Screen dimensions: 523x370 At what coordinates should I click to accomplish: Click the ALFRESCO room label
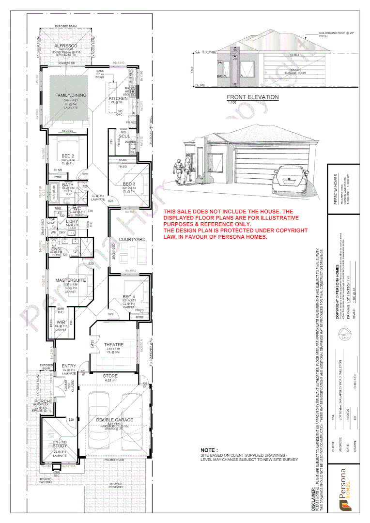pos(65,45)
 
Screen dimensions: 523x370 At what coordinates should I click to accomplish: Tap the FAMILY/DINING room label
pos(71,95)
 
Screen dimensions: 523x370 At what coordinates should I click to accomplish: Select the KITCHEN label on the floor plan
pos(118,98)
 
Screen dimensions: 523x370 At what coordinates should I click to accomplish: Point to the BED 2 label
pos(68,156)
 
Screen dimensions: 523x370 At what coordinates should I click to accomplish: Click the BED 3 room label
pos(129,184)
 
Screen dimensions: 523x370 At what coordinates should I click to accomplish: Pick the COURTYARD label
pos(132,240)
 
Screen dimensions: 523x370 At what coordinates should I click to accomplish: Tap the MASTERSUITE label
pos(71,280)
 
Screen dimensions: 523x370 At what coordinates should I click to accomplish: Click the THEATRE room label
pos(114,345)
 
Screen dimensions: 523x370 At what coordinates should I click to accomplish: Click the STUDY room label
pos(60,446)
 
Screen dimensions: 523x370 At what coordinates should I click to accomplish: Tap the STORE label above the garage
pos(110,376)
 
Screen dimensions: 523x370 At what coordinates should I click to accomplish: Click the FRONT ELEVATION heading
pos(253,97)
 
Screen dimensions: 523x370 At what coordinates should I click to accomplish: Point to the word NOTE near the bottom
pos(209,450)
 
